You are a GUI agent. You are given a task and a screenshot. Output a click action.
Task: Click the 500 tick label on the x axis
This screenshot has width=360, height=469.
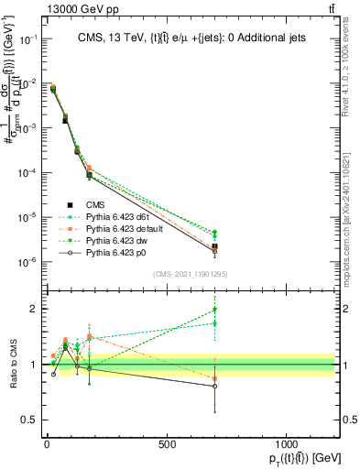pos(167,444)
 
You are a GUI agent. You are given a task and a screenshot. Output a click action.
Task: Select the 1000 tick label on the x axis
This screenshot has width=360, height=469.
pos(286,444)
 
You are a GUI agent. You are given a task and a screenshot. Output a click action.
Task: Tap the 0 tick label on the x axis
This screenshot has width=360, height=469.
pos(47,444)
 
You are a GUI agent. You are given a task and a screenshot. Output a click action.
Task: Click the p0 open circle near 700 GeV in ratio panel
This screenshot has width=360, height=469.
pos(214,386)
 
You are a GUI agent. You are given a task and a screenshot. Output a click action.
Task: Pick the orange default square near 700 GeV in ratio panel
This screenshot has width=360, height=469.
pos(214,378)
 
